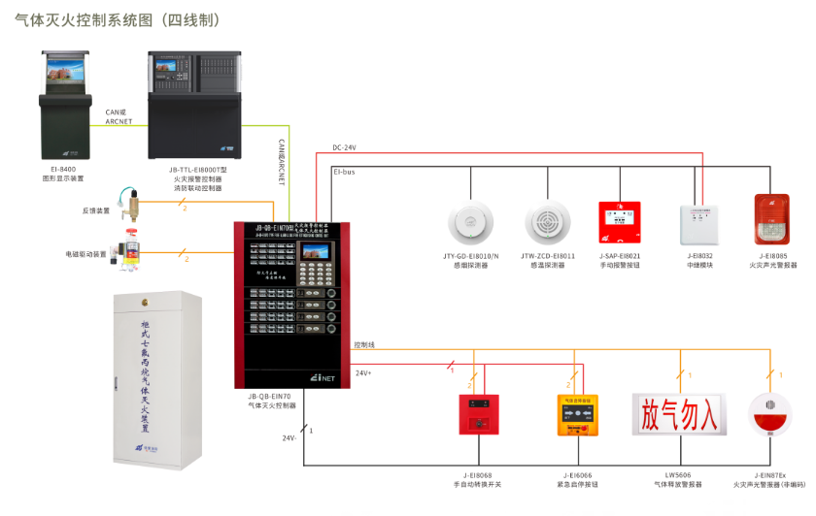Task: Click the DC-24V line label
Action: [345, 147]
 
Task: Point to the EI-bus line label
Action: [344, 171]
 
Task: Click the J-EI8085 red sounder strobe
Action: [773, 219]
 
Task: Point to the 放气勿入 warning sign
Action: [679, 415]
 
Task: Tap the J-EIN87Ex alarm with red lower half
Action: [770, 415]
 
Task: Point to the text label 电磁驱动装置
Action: [86, 254]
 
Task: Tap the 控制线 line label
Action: [364, 344]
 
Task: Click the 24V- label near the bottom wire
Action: [289, 439]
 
